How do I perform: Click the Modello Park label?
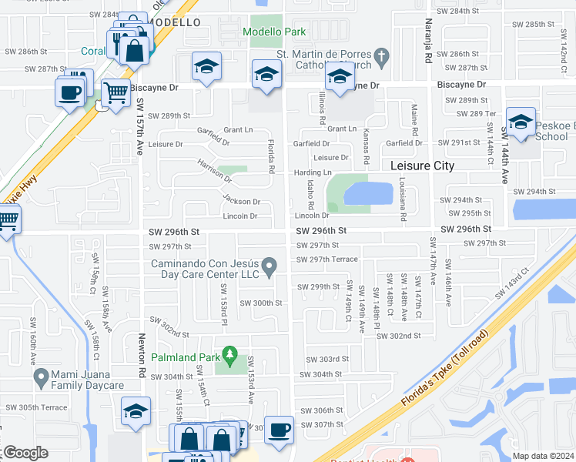(273, 32)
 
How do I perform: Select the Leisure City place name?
(422, 166)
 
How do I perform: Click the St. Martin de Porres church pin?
(380, 56)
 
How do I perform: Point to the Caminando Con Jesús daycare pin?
(269, 267)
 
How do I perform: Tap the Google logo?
(25, 453)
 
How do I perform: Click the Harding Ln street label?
(312, 172)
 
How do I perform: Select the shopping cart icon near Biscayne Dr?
(116, 93)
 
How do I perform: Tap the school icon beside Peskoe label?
(521, 122)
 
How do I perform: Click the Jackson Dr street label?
(241, 202)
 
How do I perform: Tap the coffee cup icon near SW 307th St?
(279, 429)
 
